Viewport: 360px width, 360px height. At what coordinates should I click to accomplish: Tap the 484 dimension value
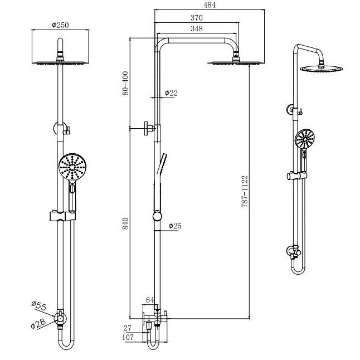pyautogui.click(x=209, y=5)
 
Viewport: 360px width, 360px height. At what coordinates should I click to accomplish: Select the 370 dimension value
pyautogui.click(x=196, y=18)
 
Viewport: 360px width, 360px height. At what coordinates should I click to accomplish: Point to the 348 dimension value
pyautogui.click(x=196, y=28)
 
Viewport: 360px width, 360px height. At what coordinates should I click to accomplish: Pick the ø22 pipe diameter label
pyautogui.click(x=171, y=93)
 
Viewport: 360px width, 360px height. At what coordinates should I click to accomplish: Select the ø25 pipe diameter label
pyautogui.click(x=175, y=226)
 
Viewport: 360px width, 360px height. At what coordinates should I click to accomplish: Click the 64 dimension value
pyautogui.click(x=149, y=300)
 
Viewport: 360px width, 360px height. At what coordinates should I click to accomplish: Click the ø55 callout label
pyautogui.click(x=39, y=305)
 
